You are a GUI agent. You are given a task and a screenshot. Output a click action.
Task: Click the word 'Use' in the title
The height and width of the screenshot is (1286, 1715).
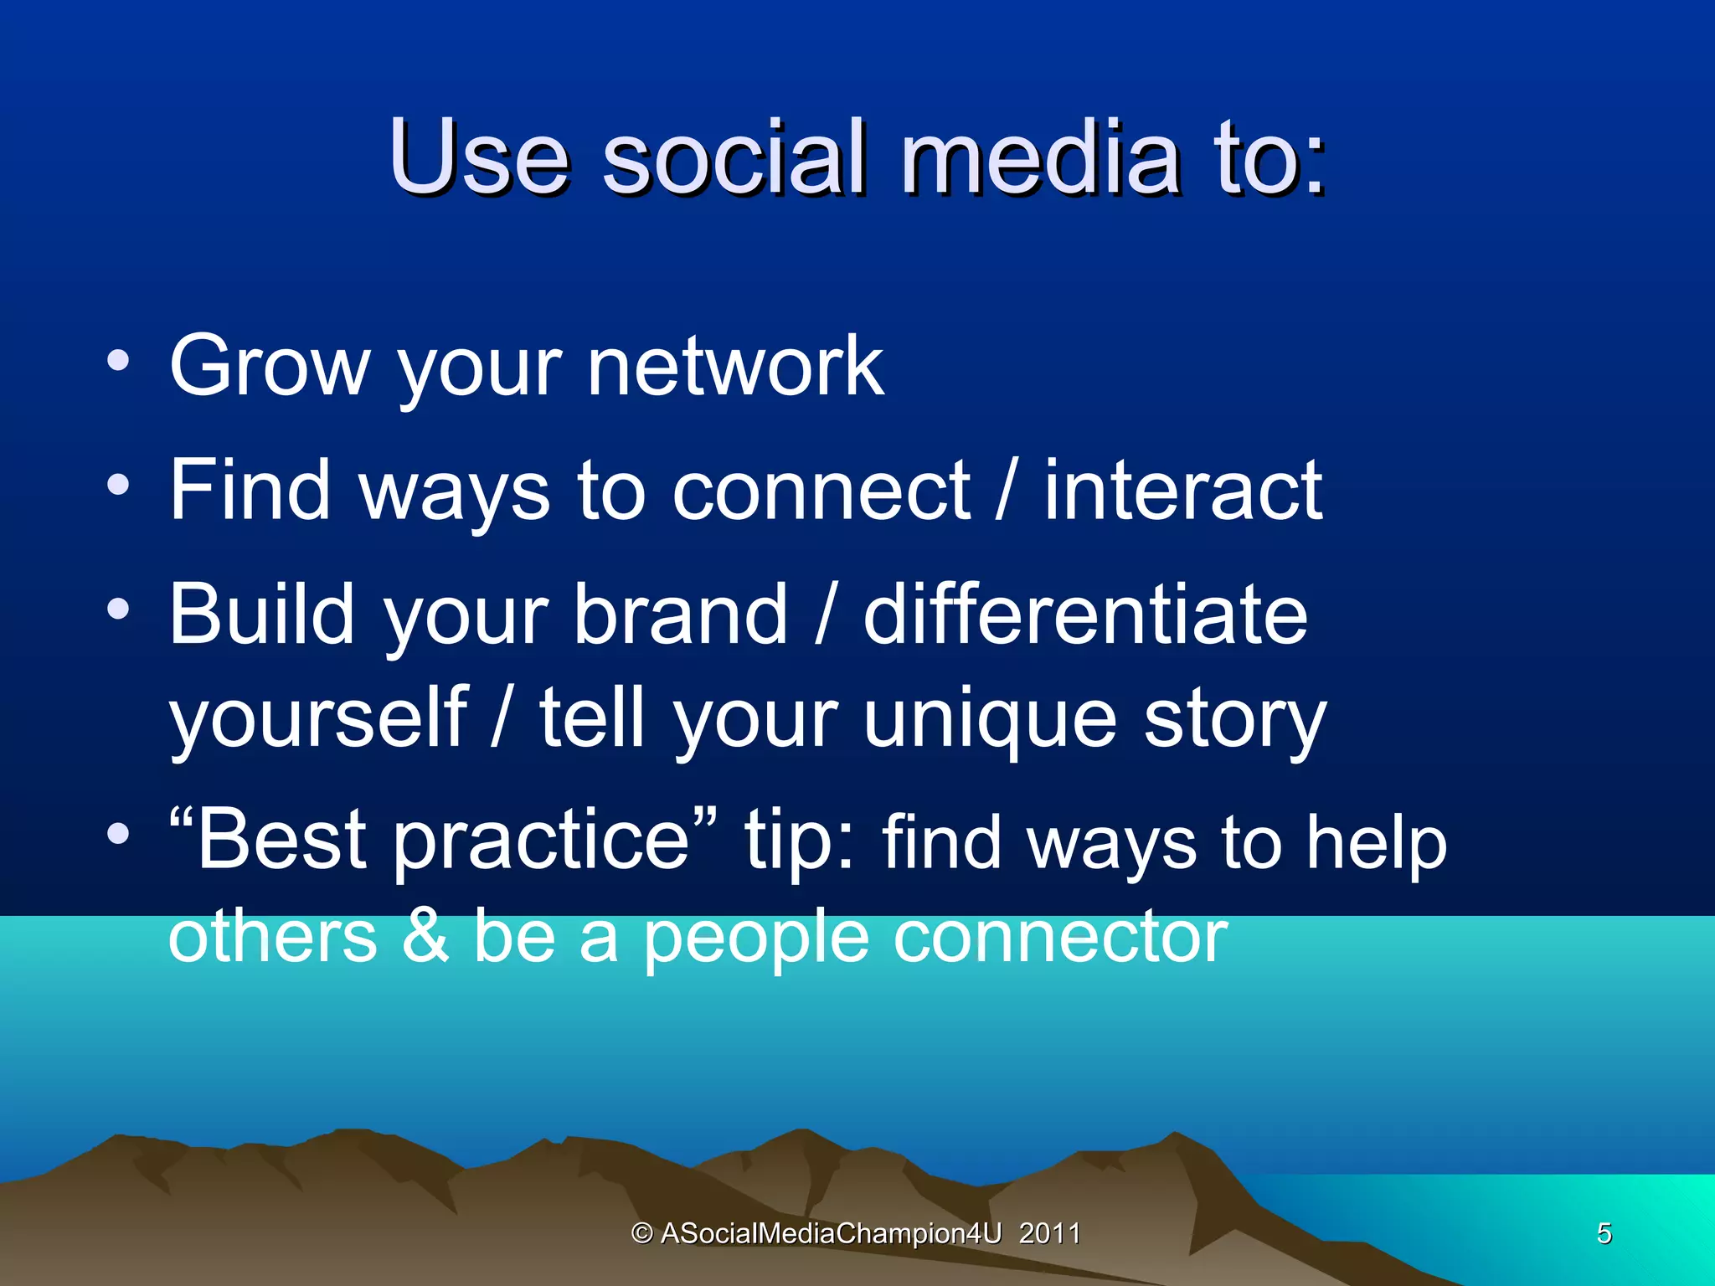click(x=479, y=157)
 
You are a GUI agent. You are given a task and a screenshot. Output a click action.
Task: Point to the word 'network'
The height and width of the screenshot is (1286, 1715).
click(x=734, y=365)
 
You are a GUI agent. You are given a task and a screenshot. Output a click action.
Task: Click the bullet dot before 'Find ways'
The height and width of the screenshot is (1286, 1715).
click(x=118, y=485)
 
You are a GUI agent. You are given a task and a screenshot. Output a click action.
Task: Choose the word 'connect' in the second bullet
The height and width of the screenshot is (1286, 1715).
click(x=821, y=491)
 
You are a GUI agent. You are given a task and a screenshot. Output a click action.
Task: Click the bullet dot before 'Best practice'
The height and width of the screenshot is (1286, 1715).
click(x=118, y=833)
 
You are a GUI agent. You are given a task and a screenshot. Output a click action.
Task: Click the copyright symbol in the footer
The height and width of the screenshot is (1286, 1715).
click(x=641, y=1233)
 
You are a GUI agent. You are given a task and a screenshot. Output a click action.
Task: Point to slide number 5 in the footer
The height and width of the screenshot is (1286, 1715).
click(x=1604, y=1233)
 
